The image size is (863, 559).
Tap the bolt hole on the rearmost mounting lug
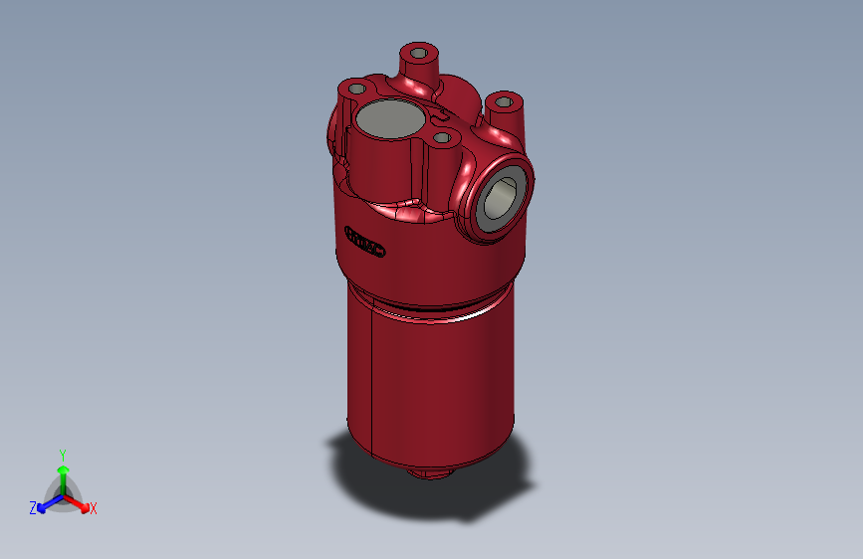pos(418,51)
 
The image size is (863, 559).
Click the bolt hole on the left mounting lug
pos(354,89)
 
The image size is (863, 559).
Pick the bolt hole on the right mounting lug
pos(505,101)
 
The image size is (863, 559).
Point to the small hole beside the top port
pos(441,137)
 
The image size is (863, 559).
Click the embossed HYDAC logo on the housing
pos(364,242)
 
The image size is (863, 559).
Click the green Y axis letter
pos(62,453)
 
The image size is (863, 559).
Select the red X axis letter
pos(94,508)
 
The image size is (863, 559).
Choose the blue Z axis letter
pos(33,508)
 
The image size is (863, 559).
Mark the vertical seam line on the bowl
pos(370,378)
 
